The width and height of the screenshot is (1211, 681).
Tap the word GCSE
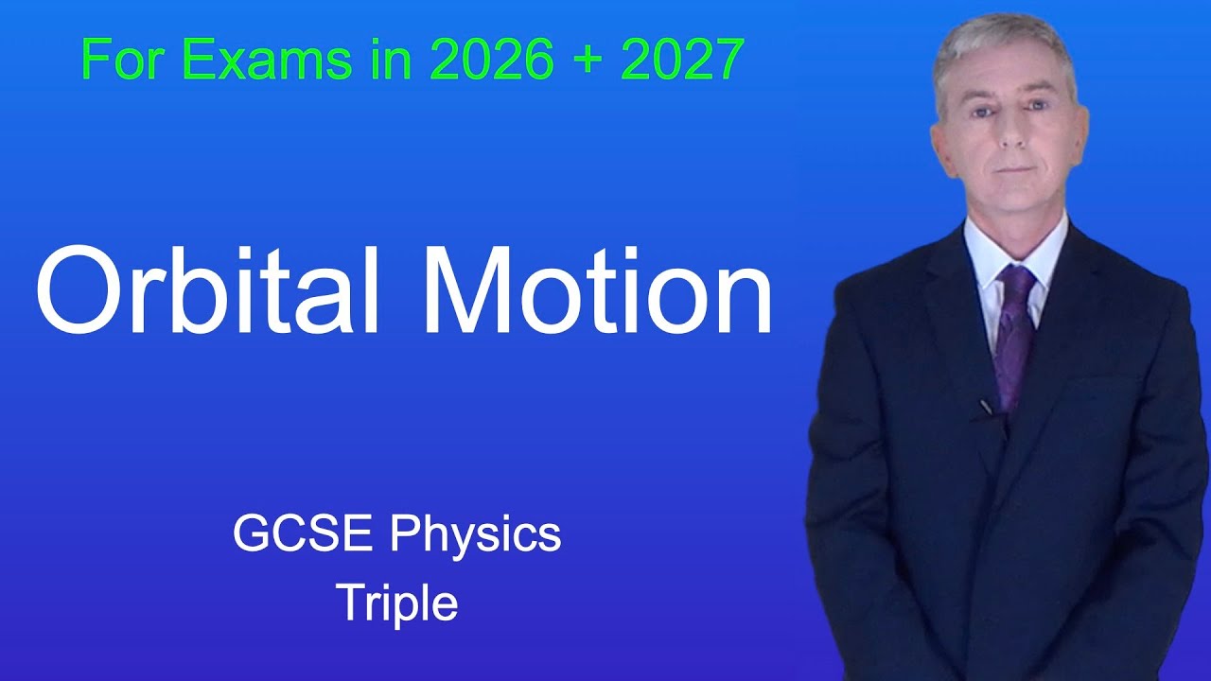pos(306,535)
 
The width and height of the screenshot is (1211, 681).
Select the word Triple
pos(396,603)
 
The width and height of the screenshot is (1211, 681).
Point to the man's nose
pos(1009,132)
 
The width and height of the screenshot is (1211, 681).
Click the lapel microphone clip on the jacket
pos(986,407)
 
